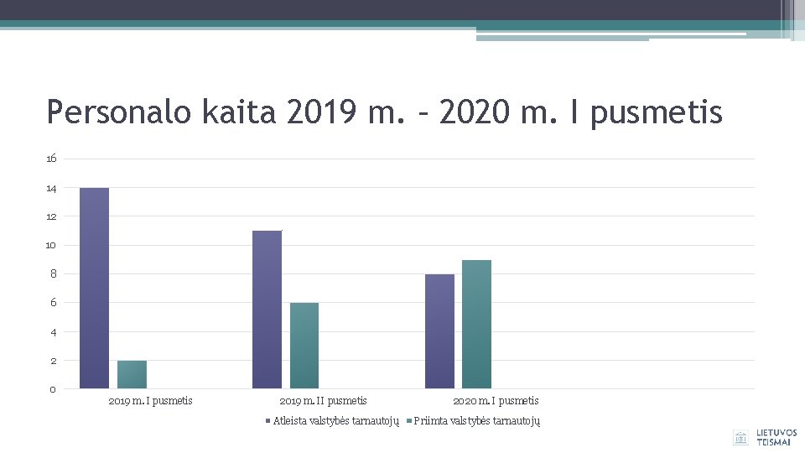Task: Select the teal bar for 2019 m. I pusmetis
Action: click(132, 374)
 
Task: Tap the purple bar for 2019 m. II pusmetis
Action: click(267, 310)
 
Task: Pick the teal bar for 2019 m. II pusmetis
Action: click(304, 346)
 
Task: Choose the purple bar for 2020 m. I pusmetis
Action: click(439, 331)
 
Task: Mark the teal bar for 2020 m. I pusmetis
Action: click(476, 324)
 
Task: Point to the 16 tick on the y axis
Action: click(52, 159)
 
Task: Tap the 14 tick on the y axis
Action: click(52, 188)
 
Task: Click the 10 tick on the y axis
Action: click(52, 245)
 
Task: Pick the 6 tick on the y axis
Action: click(54, 303)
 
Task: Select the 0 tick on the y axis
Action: click(53, 389)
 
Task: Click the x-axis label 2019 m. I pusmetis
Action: click(151, 401)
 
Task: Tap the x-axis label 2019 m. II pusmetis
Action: click(323, 401)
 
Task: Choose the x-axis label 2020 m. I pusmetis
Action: click(496, 401)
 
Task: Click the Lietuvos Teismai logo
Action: click(765, 437)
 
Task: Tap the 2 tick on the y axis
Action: click(54, 361)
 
